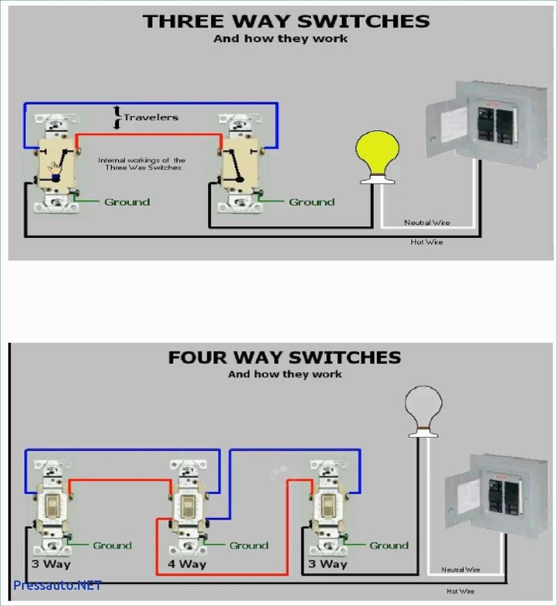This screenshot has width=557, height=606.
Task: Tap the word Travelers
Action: (x=151, y=117)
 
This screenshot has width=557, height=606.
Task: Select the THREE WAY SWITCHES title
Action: (x=286, y=21)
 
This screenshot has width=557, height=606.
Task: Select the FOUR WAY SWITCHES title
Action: (x=285, y=358)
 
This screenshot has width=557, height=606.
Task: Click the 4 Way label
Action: (x=187, y=564)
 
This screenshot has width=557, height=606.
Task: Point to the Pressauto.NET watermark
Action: (x=57, y=585)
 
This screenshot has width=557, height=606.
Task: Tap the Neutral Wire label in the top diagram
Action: (x=427, y=223)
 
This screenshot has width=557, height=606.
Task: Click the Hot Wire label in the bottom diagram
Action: (x=460, y=591)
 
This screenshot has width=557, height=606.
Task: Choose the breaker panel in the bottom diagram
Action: (x=497, y=497)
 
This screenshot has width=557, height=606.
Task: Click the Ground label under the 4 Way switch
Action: (x=249, y=546)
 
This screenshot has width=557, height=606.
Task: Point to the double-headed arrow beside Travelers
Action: (x=117, y=117)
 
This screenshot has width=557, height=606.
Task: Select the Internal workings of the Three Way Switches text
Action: (x=142, y=164)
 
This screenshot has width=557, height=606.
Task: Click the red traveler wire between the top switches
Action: (x=149, y=135)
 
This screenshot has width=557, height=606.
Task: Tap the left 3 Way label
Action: (x=51, y=564)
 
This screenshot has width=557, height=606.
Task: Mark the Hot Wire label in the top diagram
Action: (x=427, y=242)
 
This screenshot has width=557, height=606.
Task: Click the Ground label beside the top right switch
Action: (x=311, y=202)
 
